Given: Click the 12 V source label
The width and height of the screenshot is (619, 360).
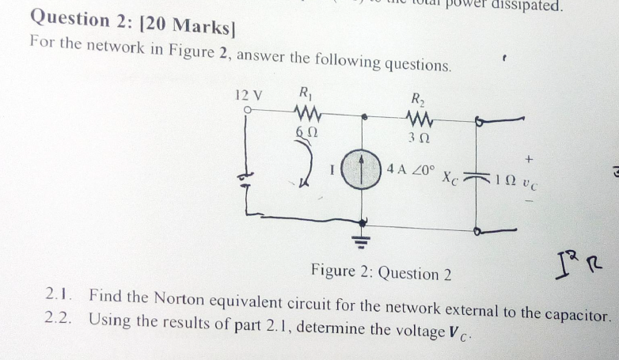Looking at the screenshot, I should point(249,95).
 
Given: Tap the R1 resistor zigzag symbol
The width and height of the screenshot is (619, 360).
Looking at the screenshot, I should point(306,111).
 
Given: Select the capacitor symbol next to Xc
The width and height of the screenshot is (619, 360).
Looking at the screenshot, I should point(477,176).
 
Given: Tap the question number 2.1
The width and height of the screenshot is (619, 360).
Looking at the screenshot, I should point(59,295).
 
